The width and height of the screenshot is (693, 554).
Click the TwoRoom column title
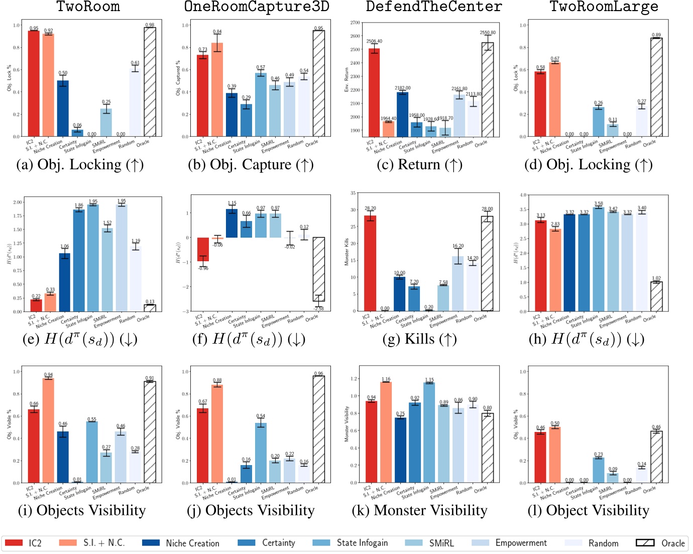(x=88, y=7)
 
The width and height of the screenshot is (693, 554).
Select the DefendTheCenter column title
(x=434, y=7)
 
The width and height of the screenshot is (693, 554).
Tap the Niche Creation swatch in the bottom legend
(x=151, y=543)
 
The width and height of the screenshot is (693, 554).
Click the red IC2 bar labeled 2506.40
(x=374, y=93)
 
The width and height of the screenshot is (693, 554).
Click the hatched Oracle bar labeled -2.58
(x=319, y=269)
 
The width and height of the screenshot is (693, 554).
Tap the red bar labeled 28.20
(x=370, y=263)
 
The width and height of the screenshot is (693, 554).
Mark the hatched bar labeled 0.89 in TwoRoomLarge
(x=656, y=87)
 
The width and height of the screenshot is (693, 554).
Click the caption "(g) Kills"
(x=419, y=340)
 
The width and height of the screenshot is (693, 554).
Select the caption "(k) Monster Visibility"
(x=419, y=511)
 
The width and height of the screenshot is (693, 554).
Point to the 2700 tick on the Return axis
(x=355, y=23)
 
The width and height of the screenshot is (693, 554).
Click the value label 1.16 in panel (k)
(x=386, y=379)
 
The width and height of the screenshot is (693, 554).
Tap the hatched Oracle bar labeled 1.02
(x=656, y=296)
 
